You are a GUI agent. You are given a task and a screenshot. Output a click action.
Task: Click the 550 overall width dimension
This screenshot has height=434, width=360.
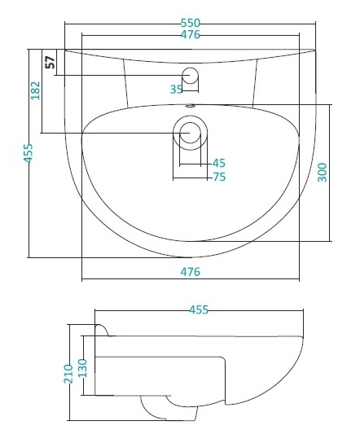191,23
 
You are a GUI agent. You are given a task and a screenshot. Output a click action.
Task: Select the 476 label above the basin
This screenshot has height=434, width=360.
191,34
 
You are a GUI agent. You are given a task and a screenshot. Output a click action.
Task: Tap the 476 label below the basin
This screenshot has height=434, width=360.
191,272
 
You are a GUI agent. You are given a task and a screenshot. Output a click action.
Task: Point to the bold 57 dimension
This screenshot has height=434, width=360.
50,62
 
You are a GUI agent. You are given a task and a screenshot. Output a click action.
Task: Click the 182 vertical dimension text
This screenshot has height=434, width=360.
36,90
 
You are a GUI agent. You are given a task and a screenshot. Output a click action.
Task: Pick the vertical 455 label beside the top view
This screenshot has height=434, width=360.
29,153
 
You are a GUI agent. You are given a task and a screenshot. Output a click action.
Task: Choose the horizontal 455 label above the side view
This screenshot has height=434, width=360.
199,309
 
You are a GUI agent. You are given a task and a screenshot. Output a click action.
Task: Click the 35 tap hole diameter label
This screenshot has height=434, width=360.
176,89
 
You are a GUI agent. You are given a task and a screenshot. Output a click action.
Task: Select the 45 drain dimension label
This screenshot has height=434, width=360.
219,163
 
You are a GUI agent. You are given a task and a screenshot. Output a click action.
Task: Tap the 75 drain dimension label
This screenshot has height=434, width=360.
219,177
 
